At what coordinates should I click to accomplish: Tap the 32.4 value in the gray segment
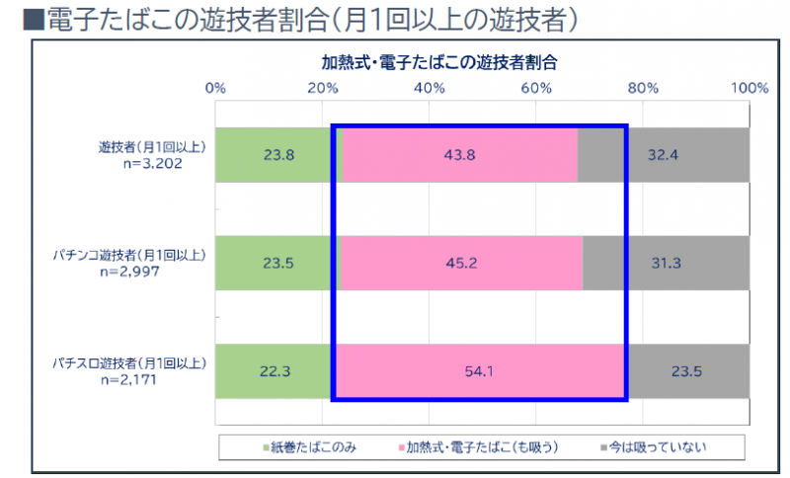coord(689,155)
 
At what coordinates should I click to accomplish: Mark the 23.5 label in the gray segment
coord(689,372)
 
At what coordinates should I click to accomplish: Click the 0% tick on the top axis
coord(215,88)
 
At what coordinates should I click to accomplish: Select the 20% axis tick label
coord(322,88)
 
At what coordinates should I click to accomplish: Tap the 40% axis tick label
coord(430,88)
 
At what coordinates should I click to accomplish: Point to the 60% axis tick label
coord(536,88)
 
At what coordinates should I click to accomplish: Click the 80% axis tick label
coord(643,88)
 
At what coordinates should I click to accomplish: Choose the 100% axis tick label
coord(749,88)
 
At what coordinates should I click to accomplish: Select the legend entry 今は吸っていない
coord(658,446)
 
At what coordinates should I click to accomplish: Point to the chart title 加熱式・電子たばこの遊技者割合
coord(440,61)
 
